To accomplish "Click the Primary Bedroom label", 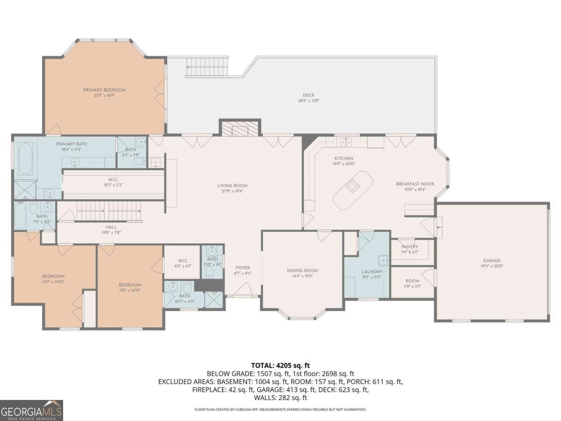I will [x=104, y=90].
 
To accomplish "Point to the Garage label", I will [x=492, y=261].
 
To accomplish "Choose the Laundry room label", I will [x=372, y=271].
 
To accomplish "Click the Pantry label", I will [x=409, y=247].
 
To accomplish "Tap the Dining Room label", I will [x=302, y=270].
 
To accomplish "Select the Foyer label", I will [x=242, y=268].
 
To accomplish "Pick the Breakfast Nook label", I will [x=415, y=184].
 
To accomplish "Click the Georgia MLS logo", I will [x=31, y=410].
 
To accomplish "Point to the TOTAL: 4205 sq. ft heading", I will [x=280, y=365].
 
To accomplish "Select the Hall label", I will [x=111, y=227].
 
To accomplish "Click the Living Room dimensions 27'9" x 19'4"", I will [x=232, y=191].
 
